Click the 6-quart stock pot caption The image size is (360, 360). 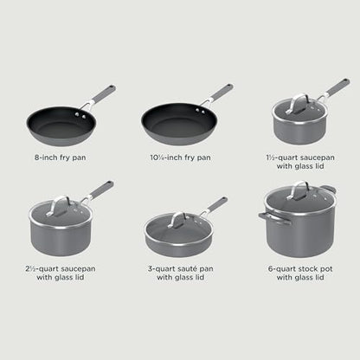point(298,273)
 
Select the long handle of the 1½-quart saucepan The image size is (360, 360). point(331,89)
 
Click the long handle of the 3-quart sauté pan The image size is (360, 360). point(215,206)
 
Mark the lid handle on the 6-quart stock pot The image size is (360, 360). point(298,190)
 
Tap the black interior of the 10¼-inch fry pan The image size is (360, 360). point(170,121)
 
